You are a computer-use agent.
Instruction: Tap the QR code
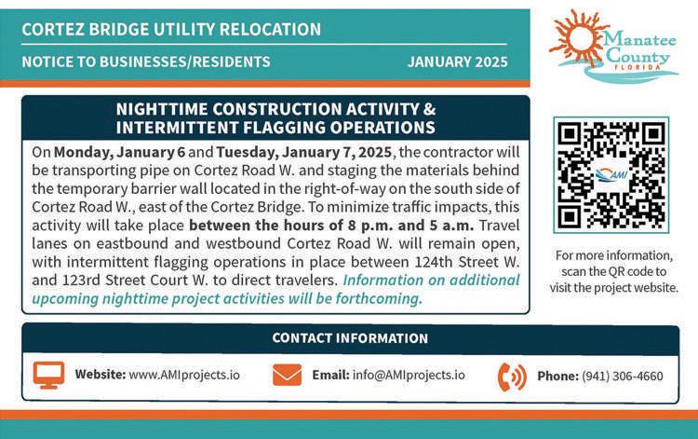(x=611, y=174)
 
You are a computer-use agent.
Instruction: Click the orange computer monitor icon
(x=48, y=375)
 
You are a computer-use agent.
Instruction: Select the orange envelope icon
(x=288, y=375)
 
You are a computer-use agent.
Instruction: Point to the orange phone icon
(x=512, y=377)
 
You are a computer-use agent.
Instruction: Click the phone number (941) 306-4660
(x=623, y=377)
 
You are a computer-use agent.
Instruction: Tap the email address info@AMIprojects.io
(x=409, y=375)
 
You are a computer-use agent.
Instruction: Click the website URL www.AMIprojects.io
(x=184, y=375)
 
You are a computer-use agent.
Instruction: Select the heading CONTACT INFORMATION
(x=350, y=338)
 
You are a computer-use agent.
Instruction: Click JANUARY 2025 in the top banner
(x=458, y=62)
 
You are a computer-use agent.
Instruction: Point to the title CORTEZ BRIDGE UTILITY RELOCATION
(x=171, y=30)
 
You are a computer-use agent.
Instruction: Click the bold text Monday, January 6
(x=119, y=153)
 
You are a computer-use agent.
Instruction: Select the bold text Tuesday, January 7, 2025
(x=304, y=153)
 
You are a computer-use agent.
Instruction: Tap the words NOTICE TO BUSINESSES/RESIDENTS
(x=146, y=62)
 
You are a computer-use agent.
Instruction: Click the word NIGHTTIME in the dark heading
(x=162, y=109)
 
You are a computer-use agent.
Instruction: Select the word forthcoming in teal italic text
(x=379, y=298)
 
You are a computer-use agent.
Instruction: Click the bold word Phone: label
(x=557, y=377)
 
